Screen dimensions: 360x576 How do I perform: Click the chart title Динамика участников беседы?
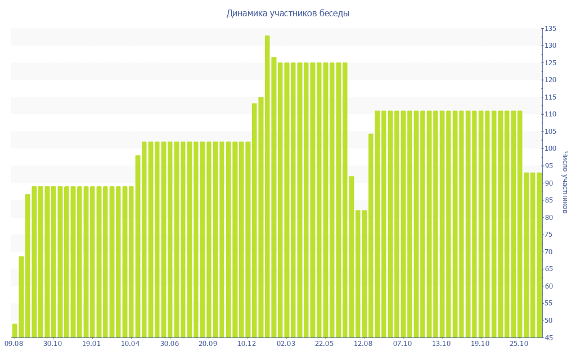pyautogui.click(x=287, y=13)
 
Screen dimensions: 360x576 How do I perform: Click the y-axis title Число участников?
pyautogui.click(x=565, y=182)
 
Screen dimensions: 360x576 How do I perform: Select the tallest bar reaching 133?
pyautogui.click(x=267, y=186)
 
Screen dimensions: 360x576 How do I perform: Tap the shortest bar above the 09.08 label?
pyautogui.click(x=15, y=331)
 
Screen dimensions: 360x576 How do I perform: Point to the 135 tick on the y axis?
pyautogui.click(x=550, y=29)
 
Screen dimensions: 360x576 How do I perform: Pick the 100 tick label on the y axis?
pyautogui.click(x=550, y=149)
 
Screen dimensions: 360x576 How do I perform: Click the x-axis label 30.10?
pyautogui.click(x=52, y=344)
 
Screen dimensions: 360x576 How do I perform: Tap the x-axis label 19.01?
pyautogui.click(x=91, y=344)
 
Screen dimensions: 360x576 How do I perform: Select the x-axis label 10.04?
pyautogui.click(x=130, y=344)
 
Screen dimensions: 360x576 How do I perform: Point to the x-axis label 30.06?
pyautogui.click(x=169, y=344)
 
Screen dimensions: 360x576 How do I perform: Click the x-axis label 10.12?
pyautogui.click(x=247, y=344)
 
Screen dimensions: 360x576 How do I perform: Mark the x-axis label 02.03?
pyautogui.click(x=286, y=344)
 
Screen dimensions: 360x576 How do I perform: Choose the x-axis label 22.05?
pyautogui.click(x=325, y=344)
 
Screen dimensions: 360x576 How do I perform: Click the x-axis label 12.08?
pyautogui.click(x=363, y=344)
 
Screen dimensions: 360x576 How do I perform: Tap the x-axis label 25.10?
pyautogui.click(x=519, y=344)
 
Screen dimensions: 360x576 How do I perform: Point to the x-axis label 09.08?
pyautogui.click(x=13, y=344)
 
